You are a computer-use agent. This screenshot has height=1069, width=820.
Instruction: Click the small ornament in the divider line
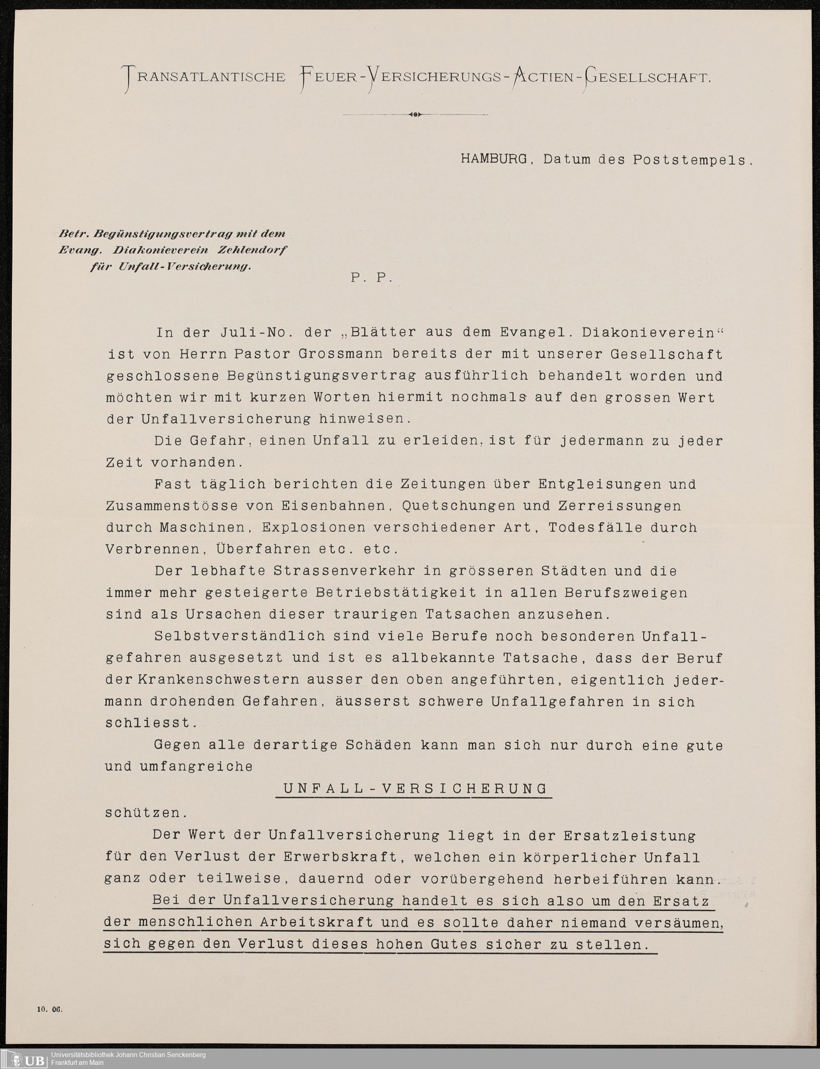click(x=415, y=115)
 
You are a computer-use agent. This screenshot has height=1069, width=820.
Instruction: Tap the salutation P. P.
click(x=371, y=278)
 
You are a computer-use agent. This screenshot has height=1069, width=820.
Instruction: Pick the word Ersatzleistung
click(x=629, y=835)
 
